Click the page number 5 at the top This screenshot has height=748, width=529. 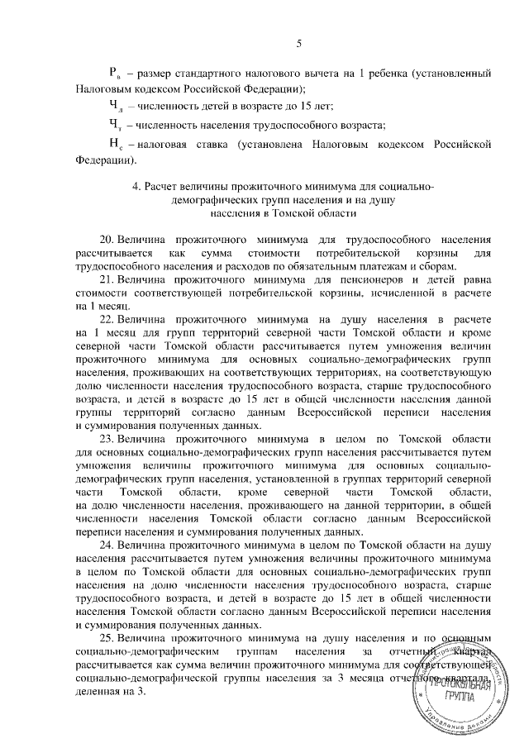(299, 43)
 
